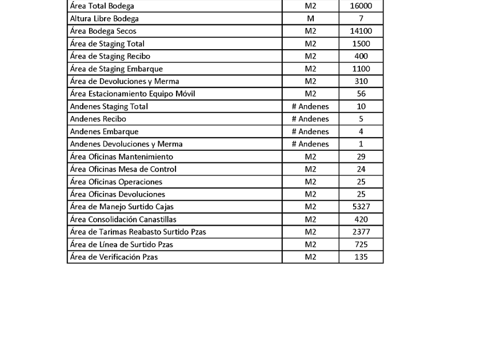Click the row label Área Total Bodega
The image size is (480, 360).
tap(102, 6)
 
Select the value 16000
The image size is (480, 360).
tap(361, 6)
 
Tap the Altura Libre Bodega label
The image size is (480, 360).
tap(104, 19)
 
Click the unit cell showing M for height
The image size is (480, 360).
tap(310, 19)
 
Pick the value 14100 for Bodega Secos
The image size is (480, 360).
tap(361, 31)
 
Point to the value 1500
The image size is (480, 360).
tap(361, 44)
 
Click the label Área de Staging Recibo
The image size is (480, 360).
tap(110, 57)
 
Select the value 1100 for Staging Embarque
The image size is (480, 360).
tap(361, 69)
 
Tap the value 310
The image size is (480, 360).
tap(361, 82)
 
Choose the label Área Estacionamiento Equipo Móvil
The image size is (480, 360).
tap(132, 94)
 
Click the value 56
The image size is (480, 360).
tap(361, 94)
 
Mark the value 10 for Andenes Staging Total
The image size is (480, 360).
tap(361, 107)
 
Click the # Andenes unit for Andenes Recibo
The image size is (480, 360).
tap(310, 119)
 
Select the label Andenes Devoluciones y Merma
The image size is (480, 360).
tap(126, 145)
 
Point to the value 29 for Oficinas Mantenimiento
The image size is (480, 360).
tap(361, 157)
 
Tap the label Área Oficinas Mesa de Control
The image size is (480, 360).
tap(123, 170)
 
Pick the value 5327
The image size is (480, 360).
tap(361, 207)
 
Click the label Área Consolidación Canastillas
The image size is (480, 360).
tap(123, 220)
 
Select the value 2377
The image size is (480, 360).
tap(361, 233)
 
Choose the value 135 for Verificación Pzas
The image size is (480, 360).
tap(361, 258)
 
